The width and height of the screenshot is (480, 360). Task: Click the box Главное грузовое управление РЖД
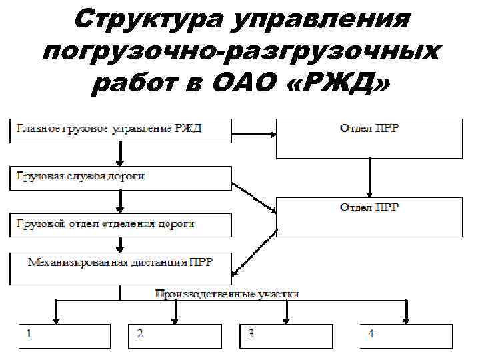(x=120, y=129)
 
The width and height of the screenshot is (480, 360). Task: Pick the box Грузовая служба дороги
(x=120, y=177)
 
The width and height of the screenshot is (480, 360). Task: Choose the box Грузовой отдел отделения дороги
(x=120, y=224)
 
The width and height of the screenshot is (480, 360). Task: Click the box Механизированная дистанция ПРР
(x=120, y=267)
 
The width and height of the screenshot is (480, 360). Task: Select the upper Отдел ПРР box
(x=369, y=138)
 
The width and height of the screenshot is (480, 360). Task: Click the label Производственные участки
(x=227, y=293)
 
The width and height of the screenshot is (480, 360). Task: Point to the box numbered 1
(x=64, y=336)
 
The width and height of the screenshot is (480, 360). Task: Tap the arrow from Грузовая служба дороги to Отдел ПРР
(x=254, y=196)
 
